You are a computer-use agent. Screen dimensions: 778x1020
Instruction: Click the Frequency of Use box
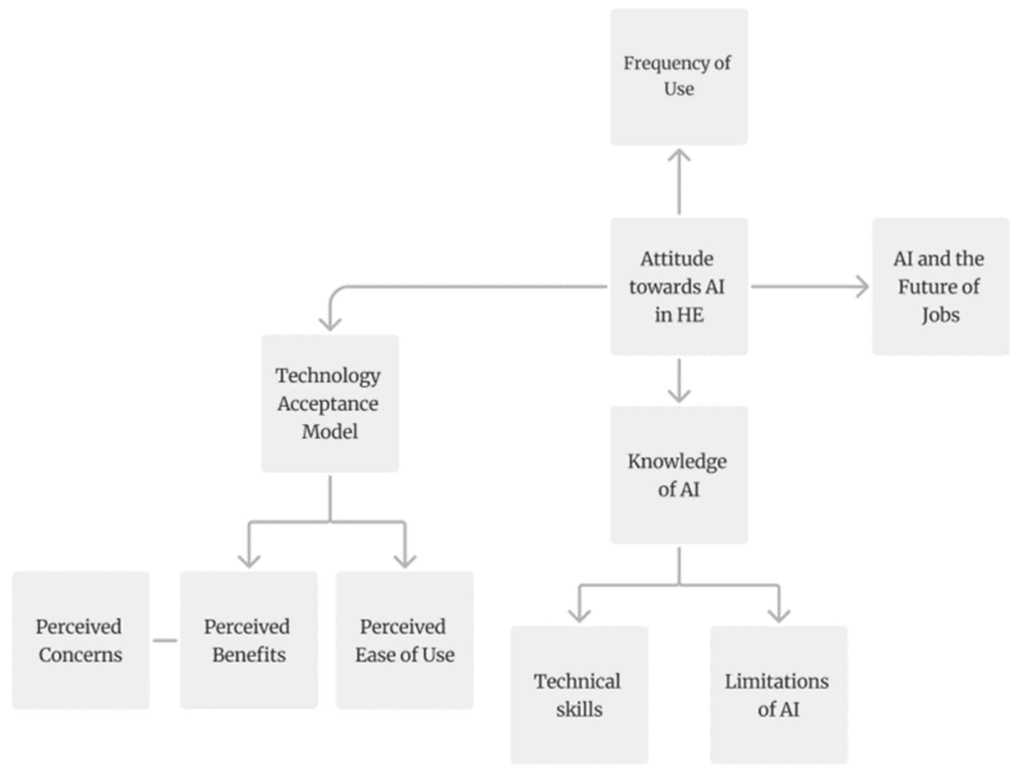679,76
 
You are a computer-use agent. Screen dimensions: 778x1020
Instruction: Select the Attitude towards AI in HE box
679,287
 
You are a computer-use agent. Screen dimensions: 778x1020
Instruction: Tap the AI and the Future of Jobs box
940,287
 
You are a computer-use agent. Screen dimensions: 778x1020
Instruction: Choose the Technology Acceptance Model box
330,403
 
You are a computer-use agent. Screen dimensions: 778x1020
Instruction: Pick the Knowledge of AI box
679,475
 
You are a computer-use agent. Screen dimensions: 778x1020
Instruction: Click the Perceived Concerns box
81,641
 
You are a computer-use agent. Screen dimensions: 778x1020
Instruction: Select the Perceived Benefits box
248,641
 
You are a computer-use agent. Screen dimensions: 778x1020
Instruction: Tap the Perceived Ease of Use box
405,641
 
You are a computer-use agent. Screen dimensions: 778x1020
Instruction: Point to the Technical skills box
579,695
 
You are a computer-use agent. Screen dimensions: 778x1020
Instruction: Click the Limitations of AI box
779,695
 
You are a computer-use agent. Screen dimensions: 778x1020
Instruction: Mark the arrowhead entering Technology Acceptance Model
330,324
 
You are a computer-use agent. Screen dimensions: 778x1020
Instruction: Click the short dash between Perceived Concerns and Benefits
165,641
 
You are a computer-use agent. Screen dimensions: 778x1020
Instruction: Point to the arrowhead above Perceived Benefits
249,562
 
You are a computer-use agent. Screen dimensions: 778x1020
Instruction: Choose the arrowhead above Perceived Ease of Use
405,562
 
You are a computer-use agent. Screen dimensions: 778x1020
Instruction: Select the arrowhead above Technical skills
580,616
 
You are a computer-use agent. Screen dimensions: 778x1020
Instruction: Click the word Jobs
940,315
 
